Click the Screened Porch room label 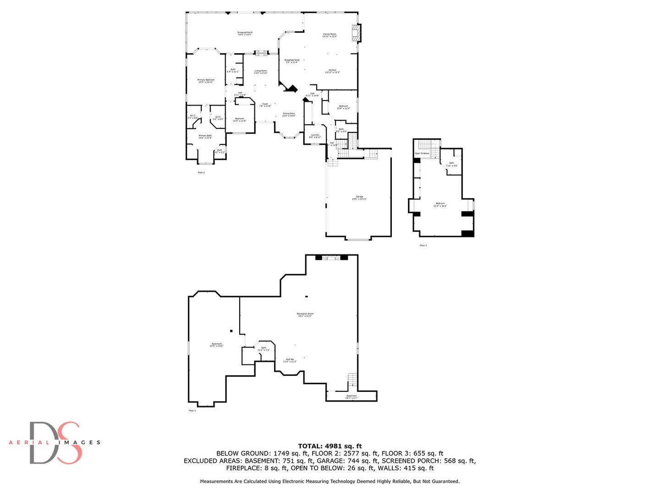click(245, 33)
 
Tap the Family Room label click(330, 35)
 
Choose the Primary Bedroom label click(206, 81)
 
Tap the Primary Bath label click(205, 136)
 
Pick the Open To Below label click(422, 153)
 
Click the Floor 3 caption click(423, 246)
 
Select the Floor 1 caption click(192, 411)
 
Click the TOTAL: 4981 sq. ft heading click(330, 446)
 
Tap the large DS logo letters click(55, 443)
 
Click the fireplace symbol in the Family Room click(356, 33)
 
